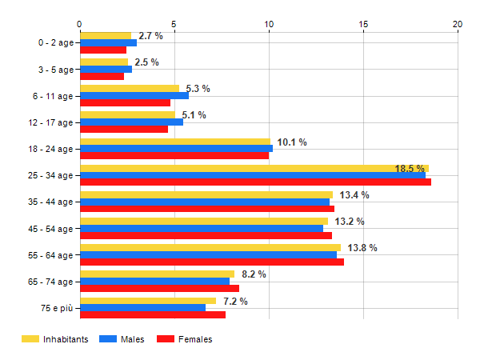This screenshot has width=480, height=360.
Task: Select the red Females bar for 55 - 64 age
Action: pos(211,262)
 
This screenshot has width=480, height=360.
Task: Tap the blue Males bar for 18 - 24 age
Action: pos(176,148)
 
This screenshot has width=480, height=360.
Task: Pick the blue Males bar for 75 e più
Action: pos(142,307)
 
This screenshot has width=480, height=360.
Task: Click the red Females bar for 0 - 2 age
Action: pos(103,50)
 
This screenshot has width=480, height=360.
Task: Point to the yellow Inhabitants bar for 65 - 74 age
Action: pos(157,274)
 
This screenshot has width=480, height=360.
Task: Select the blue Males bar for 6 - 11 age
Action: pos(134,95)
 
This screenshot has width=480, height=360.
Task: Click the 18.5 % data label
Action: pos(410,169)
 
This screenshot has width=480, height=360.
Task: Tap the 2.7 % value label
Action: pos(150,36)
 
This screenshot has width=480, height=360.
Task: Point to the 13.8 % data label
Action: pos(364,248)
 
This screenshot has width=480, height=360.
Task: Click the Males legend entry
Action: pos(126,339)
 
